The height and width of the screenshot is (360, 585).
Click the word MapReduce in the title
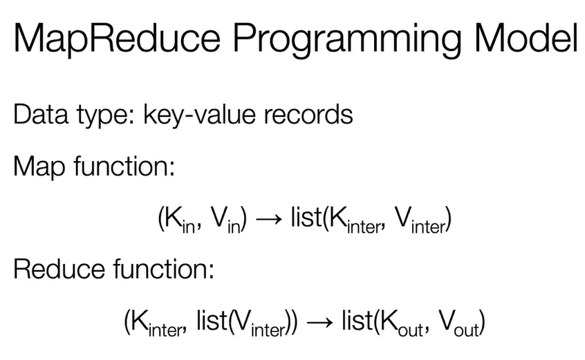pyautogui.click(x=117, y=39)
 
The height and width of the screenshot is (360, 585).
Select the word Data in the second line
pyautogui.click(x=41, y=114)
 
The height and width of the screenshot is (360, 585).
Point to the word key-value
pyautogui.click(x=200, y=115)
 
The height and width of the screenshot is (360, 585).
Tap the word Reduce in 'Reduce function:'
pyautogui.click(x=59, y=268)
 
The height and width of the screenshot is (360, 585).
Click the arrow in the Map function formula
pyautogui.click(x=268, y=219)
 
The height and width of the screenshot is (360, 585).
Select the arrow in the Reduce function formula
pyautogui.click(x=319, y=322)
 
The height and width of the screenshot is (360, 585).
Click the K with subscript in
pyautogui.click(x=180, y=220)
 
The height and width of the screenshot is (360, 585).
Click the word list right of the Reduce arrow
pyautogui.click(x=357, y=320)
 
